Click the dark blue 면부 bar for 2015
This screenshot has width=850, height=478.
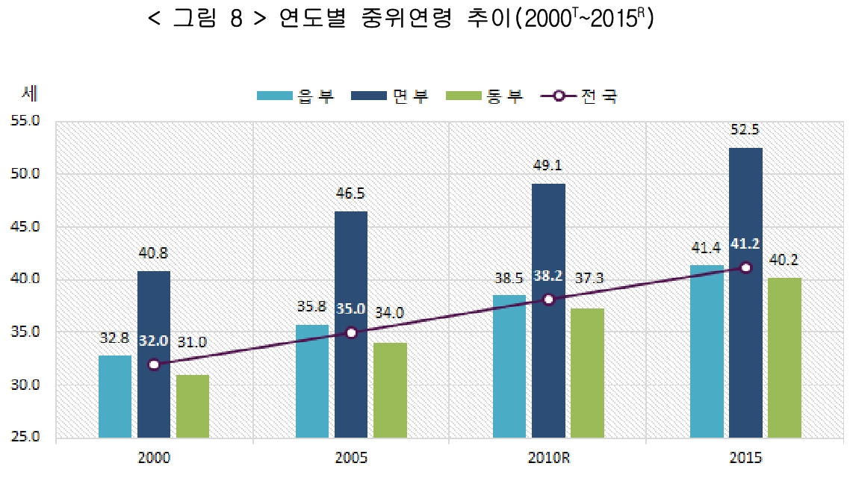745,292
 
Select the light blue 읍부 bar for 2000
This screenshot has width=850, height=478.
115,396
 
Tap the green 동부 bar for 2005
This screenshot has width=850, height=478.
391,390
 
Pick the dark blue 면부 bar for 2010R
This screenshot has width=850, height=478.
548,310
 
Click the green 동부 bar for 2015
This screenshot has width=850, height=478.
784,357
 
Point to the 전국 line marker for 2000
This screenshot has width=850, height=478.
154,365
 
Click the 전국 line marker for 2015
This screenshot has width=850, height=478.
745,267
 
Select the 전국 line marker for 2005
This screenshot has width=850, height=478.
351,333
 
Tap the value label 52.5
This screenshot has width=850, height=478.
745,129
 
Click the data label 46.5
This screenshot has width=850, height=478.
351,193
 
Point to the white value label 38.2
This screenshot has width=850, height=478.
548,278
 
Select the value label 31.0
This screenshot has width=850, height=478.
193,341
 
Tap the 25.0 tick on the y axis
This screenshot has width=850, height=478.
28,438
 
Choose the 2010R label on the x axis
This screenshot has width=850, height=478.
547,457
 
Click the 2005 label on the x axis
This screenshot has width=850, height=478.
351,457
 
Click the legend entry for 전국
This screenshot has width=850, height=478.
580,96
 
